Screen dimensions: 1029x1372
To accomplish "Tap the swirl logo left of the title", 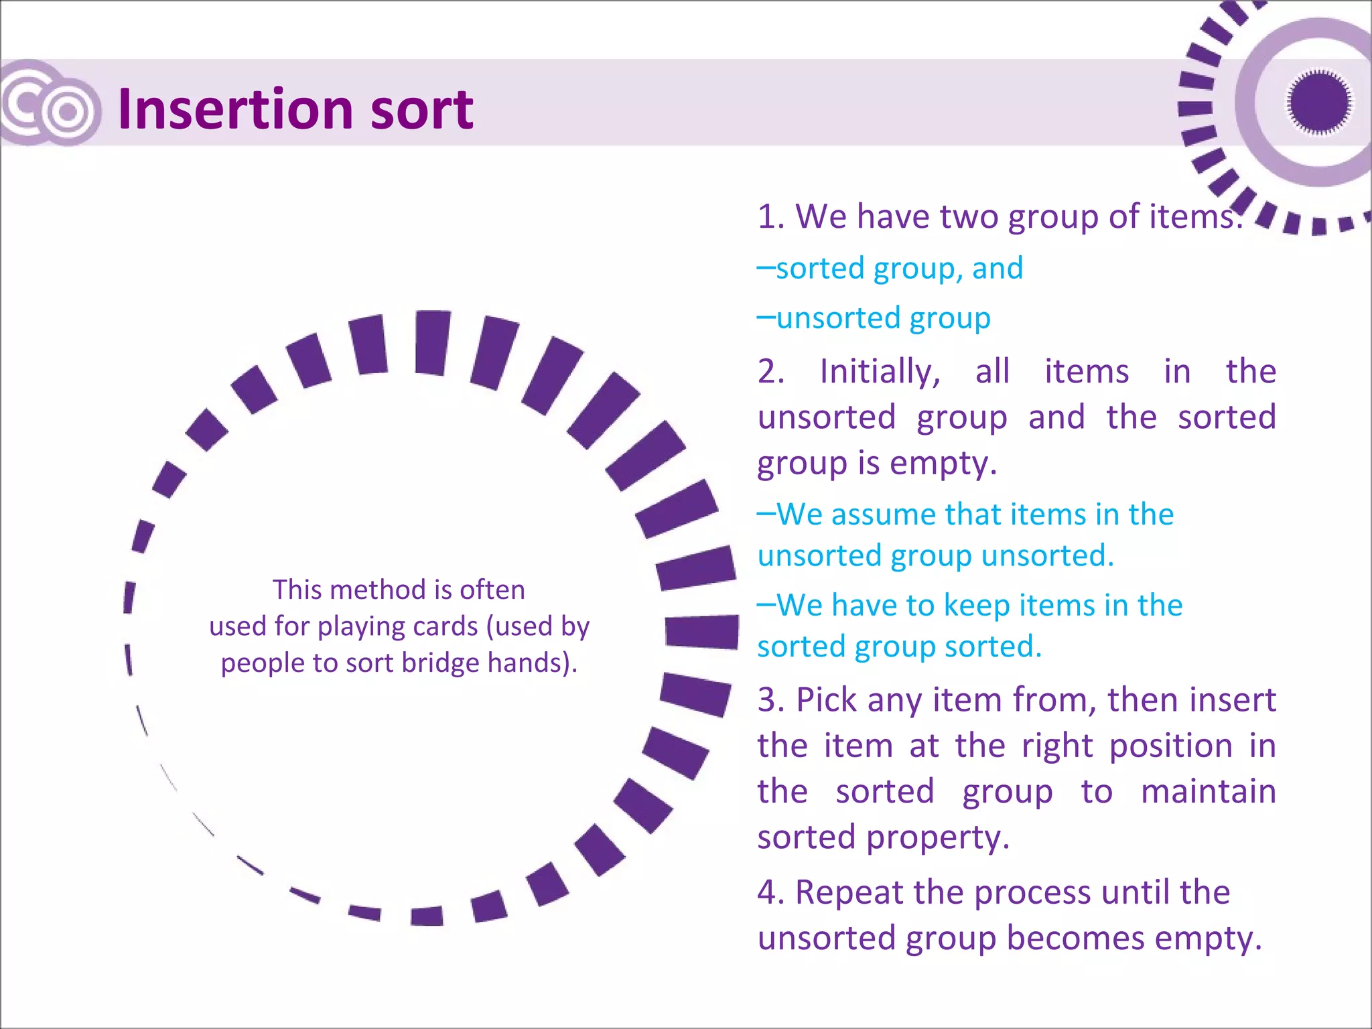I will [51, 105].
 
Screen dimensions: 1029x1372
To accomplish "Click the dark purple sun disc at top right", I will [1318, 102].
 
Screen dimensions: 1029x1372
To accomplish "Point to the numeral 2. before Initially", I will [771, 371].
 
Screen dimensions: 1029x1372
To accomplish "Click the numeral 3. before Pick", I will [771, 700].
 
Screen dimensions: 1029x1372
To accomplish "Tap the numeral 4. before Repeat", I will [770, 892].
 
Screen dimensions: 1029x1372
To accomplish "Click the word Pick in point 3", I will [827, 700].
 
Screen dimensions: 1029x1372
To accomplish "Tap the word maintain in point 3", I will [1208, 792].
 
